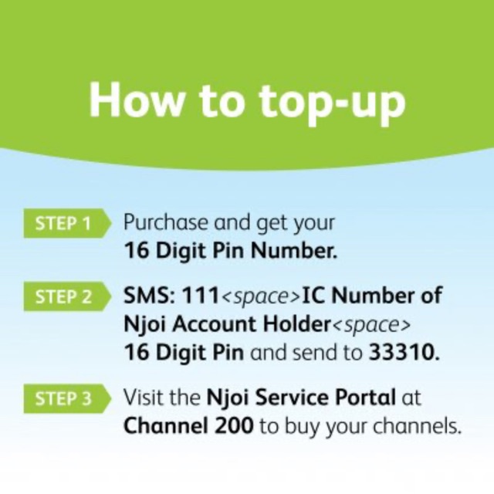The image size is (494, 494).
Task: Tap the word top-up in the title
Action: (332, 103)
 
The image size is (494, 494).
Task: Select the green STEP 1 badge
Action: (67, 223)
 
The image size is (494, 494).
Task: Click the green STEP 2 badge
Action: (67, 296)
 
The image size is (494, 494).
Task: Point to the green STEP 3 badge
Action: (67, 398)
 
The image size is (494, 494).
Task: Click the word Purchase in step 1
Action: (166, 222)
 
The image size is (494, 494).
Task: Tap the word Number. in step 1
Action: (294, 250)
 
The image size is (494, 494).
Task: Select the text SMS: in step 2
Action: (150, 296)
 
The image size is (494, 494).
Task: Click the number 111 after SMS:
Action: (201, 296)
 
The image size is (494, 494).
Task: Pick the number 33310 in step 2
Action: (404, 352)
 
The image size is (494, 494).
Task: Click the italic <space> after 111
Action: (261, 297)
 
